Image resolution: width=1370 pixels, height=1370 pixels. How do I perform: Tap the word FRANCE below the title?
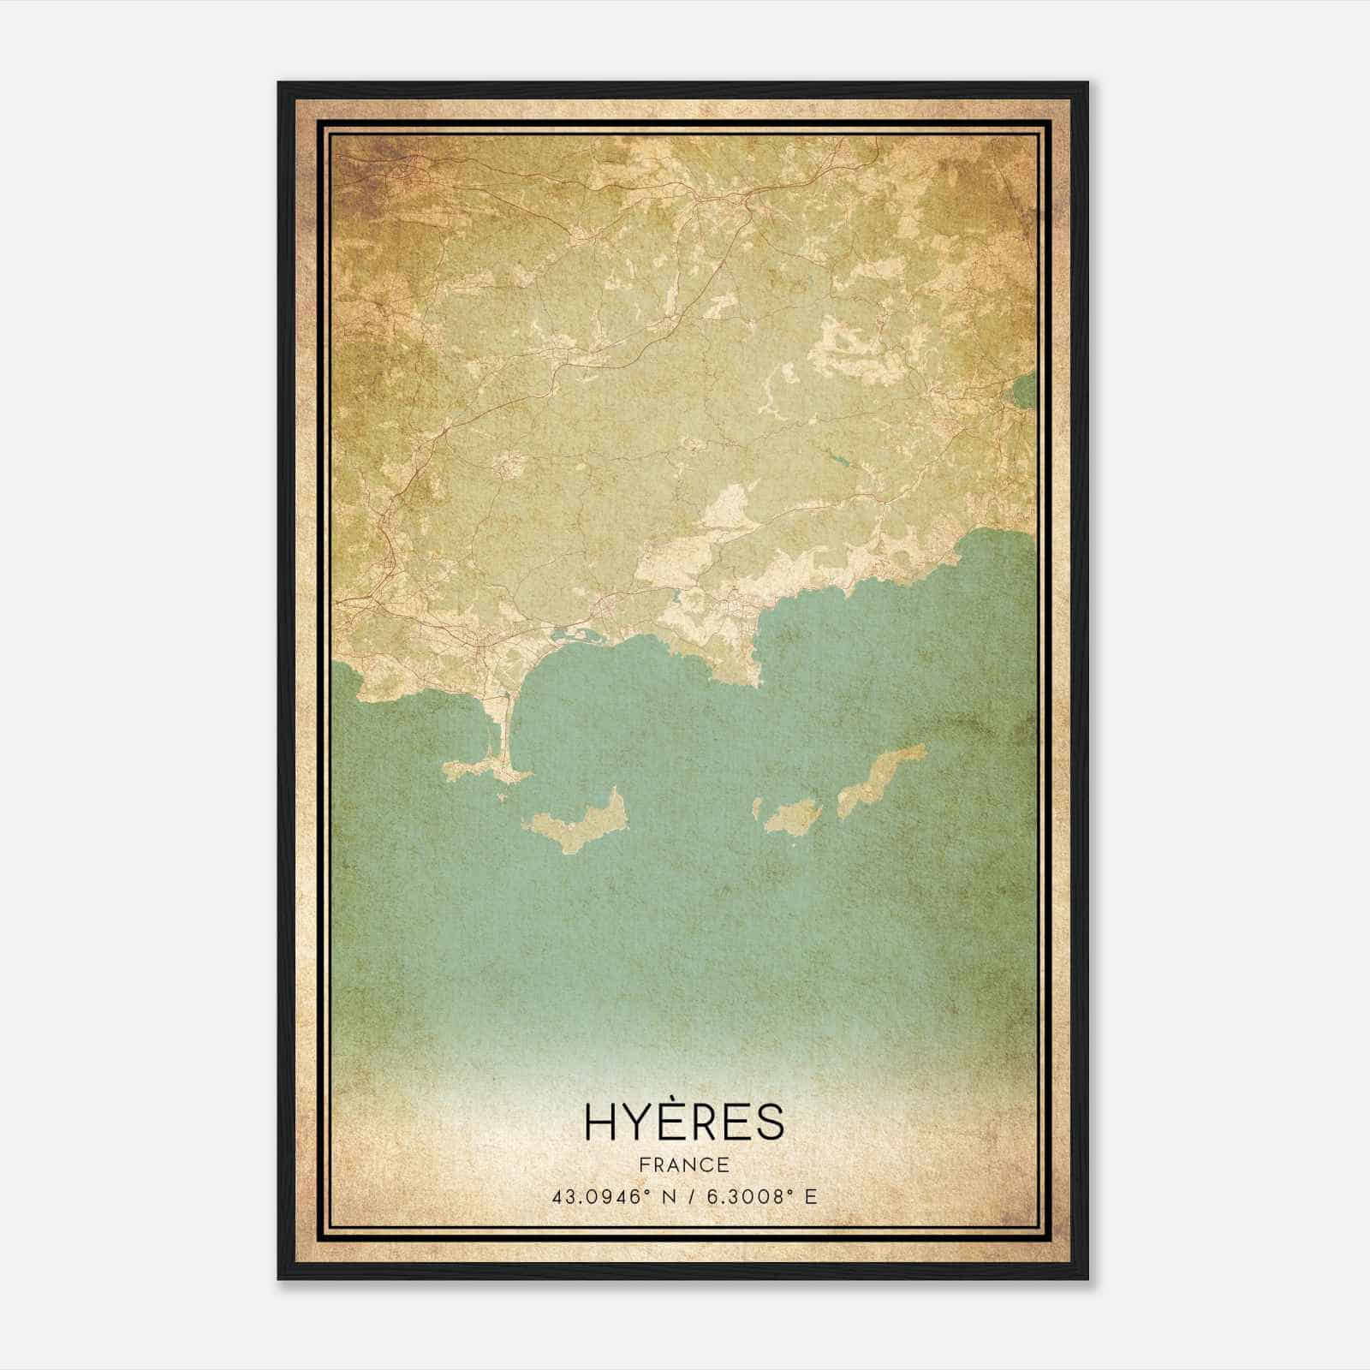coord(684,1164)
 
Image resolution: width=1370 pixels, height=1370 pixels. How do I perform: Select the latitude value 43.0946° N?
coord(611,1195)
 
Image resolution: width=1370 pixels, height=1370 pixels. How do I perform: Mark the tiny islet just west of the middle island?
coord(757,807)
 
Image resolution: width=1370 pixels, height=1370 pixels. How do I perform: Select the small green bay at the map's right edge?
coord(1022,394)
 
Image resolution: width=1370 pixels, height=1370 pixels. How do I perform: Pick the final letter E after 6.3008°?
coord(811,1195)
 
